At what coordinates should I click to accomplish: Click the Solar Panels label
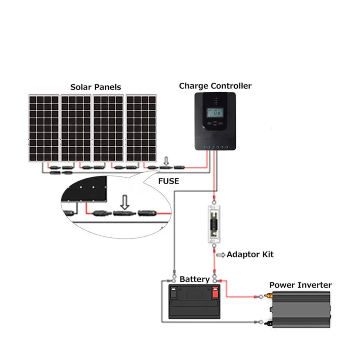pos(95,87)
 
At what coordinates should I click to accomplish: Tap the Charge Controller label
pos(215,86)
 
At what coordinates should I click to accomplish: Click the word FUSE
pos(169,181)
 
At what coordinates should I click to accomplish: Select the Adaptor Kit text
pos(250,255)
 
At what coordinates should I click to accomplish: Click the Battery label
pos(194,279)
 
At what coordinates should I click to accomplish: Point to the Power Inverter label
pos(300,285)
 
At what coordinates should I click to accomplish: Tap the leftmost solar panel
pos(44,128)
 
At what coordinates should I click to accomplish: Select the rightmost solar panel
pos(141,128)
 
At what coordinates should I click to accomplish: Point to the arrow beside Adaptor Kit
pos(221,255)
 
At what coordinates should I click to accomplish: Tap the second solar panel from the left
pos(76,128)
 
